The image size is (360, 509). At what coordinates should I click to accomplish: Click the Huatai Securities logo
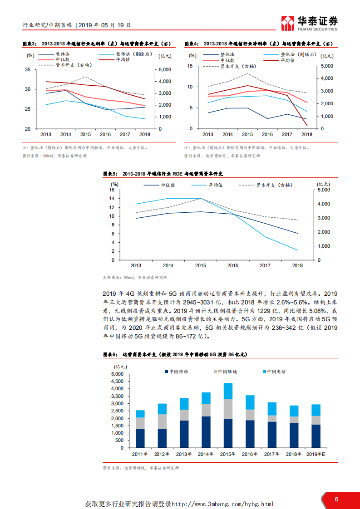(x=309, y=22)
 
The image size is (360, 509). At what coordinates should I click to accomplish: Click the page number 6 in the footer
(x=336, y=499)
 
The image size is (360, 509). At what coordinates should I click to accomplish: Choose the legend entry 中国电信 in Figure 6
(x=276, y=371)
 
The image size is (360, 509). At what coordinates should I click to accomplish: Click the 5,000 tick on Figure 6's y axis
(x=117, y=374)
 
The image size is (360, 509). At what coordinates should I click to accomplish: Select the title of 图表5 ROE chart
(x=166, y=174)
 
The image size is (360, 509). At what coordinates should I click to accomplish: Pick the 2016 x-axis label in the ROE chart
(x=232, y=265)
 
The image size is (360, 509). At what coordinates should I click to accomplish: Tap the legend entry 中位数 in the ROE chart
(x=168, y=185)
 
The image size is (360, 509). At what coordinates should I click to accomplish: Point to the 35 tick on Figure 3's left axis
(x=28, y=70)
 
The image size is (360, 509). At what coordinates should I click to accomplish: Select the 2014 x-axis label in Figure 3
(x=65, y=134)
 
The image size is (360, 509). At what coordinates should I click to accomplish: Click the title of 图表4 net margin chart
(x=259, y=44)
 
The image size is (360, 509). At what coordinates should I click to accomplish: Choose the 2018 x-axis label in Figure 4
(x=307, y=134)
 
